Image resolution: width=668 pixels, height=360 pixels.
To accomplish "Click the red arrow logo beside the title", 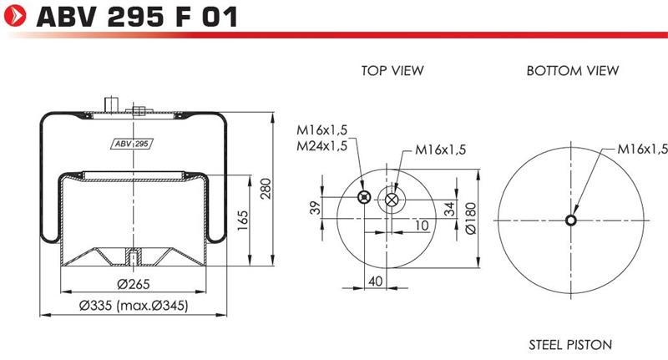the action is [14, 16].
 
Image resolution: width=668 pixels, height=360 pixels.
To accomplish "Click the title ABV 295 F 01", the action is [137, 18].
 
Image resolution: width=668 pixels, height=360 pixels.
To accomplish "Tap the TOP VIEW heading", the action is [392, 70].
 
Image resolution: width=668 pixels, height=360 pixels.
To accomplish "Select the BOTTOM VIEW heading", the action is [573, 70].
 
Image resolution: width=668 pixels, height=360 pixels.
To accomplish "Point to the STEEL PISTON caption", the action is [570, 344].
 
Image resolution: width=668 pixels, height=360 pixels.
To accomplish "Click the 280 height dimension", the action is [266, 188].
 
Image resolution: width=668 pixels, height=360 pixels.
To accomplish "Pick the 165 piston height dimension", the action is [242, 221].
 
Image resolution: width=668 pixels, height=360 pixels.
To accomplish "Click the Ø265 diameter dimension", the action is [134, 284].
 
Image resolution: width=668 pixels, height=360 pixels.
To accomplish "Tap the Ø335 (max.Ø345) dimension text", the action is [134, 305].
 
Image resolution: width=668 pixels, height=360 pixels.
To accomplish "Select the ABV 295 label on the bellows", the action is [133, 144].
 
